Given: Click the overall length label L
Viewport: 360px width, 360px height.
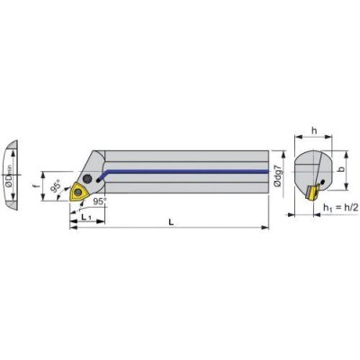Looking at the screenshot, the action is (x=171, y=222).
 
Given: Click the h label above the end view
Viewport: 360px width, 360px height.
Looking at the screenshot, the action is (x=314, y=130).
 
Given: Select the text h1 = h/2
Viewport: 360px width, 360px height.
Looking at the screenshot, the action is (x=341, y=208).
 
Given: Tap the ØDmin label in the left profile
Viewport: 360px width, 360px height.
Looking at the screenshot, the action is (x=10, y=175).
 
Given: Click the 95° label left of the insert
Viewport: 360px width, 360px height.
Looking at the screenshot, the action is (x=56, y=187).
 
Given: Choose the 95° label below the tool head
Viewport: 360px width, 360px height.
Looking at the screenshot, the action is (x=99, y=202).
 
